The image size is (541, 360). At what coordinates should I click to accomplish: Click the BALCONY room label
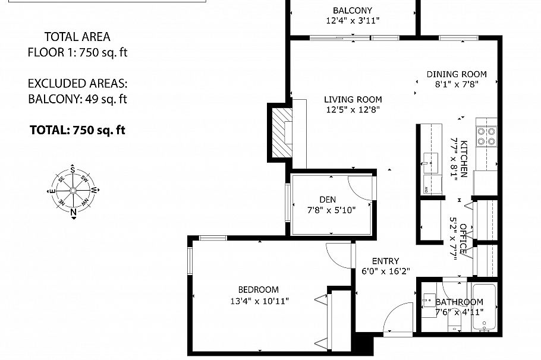pos(353,11)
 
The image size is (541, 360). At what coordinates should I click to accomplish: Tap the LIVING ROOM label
pos(353,99)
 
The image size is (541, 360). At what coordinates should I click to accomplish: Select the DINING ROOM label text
pos(456,74)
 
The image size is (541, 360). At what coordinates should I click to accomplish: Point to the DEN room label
pos(327,200)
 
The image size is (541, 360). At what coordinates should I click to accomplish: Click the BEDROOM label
pos(258,290)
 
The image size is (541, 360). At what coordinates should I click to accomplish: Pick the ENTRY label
pos(385,261)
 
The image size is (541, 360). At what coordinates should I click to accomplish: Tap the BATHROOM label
pos(459,302)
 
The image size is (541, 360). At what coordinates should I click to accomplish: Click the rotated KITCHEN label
pos(464,158)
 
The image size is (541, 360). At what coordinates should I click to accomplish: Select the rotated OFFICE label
pos(464,237)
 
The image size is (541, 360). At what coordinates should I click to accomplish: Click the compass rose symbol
pos(73,191)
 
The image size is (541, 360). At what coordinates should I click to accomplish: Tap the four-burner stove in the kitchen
pos(486,137)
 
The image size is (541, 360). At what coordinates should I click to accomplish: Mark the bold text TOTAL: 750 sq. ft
pos(77,130)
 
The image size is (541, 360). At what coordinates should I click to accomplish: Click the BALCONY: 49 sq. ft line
pos(77,99)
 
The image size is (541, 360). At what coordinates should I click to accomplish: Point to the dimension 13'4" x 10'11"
pos(258,301)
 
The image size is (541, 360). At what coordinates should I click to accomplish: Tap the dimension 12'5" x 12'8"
pos(353,109)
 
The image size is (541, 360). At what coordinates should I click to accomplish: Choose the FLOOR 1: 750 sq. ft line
pos(77,52)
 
